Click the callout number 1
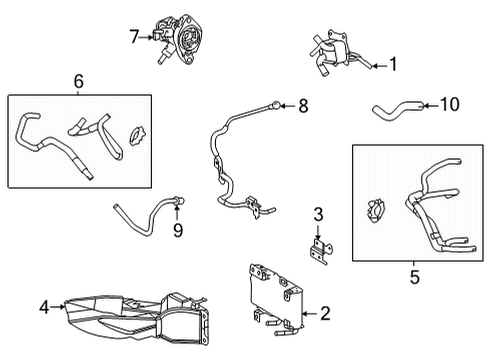coord(394,66)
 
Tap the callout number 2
coord(325,313)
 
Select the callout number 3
coord(318,213)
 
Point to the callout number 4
coord(43,307)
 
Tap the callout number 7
coord(134,37)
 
